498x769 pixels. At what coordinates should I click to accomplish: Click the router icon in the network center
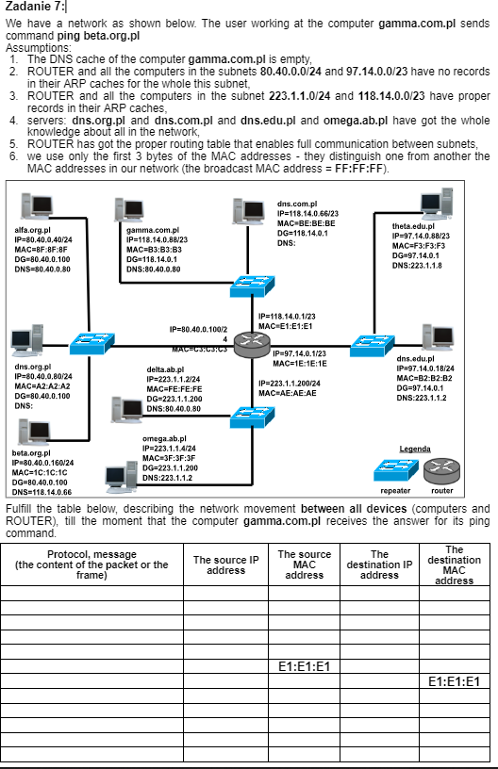[252, 346]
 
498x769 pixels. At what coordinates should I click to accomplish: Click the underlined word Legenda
[415, 448]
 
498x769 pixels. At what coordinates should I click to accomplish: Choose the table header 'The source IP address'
[225, 565]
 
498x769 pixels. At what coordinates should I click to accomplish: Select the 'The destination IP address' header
[379, 565]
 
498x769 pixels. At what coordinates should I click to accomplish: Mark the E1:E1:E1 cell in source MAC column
[304, 666]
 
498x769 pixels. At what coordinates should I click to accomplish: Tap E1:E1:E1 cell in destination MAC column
[454, 681]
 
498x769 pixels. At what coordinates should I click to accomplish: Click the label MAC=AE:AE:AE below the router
[287, 393]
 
